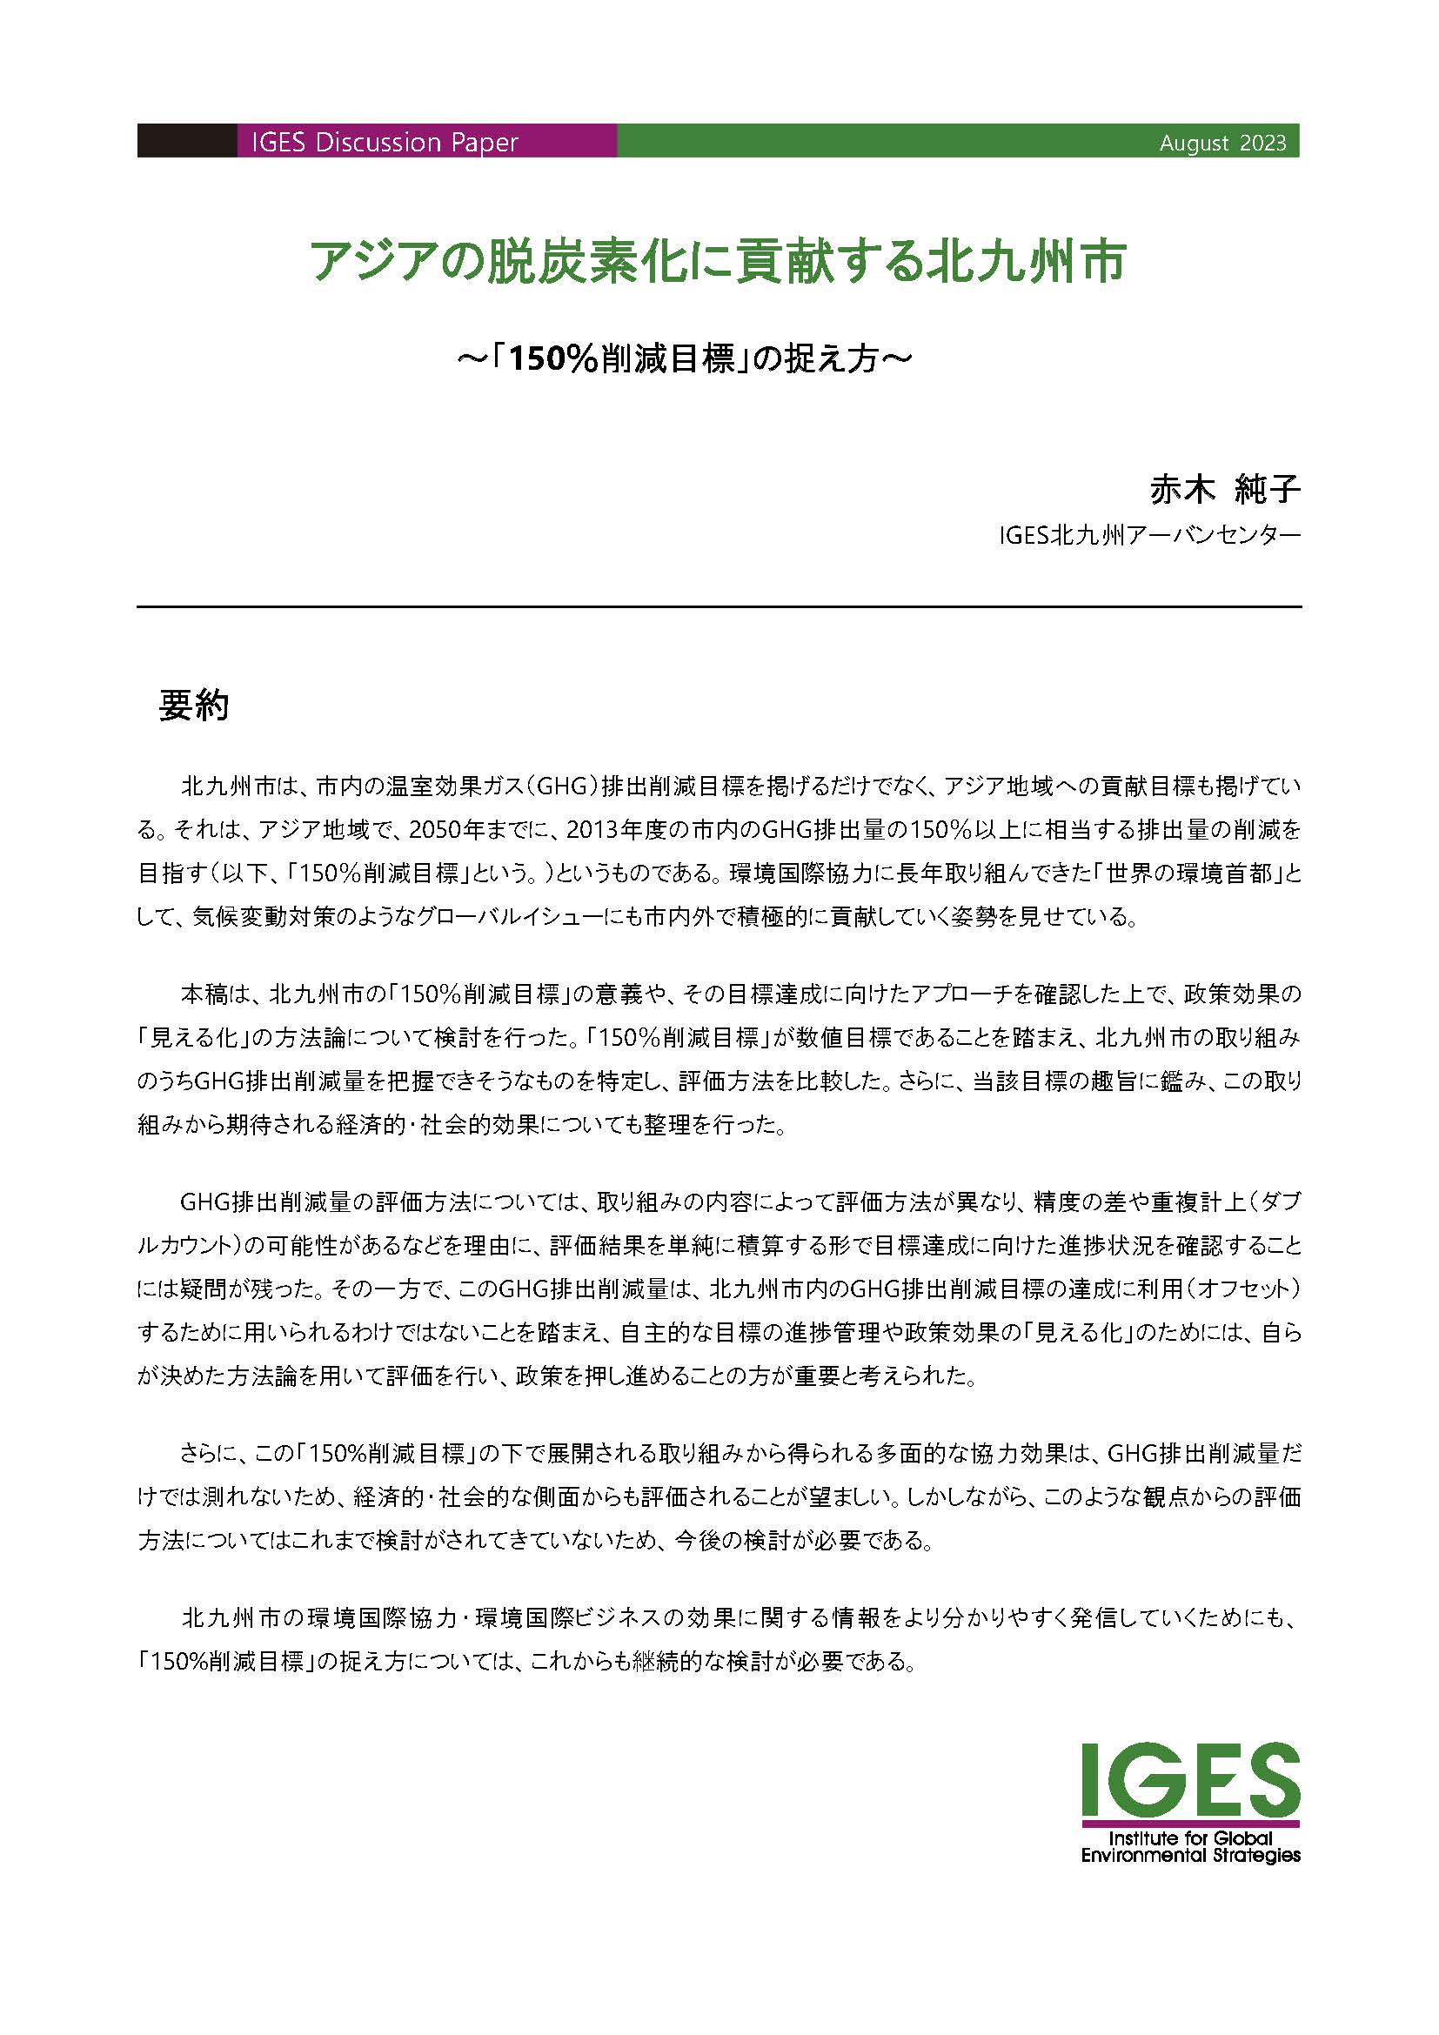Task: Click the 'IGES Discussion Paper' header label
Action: pyautogui.click(x=384, y=143)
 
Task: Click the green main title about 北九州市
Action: pyautogui.click(x=718, y=263)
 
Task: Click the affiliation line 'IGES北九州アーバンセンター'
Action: pyautogui.click(x=1149, y=536)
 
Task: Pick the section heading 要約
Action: pyautogui.click(x=193, y=706)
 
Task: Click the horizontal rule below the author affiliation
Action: pyautogui.click(x=719, y=607)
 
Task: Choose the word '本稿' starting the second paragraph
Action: pyautogui.click(x=204, y=994)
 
